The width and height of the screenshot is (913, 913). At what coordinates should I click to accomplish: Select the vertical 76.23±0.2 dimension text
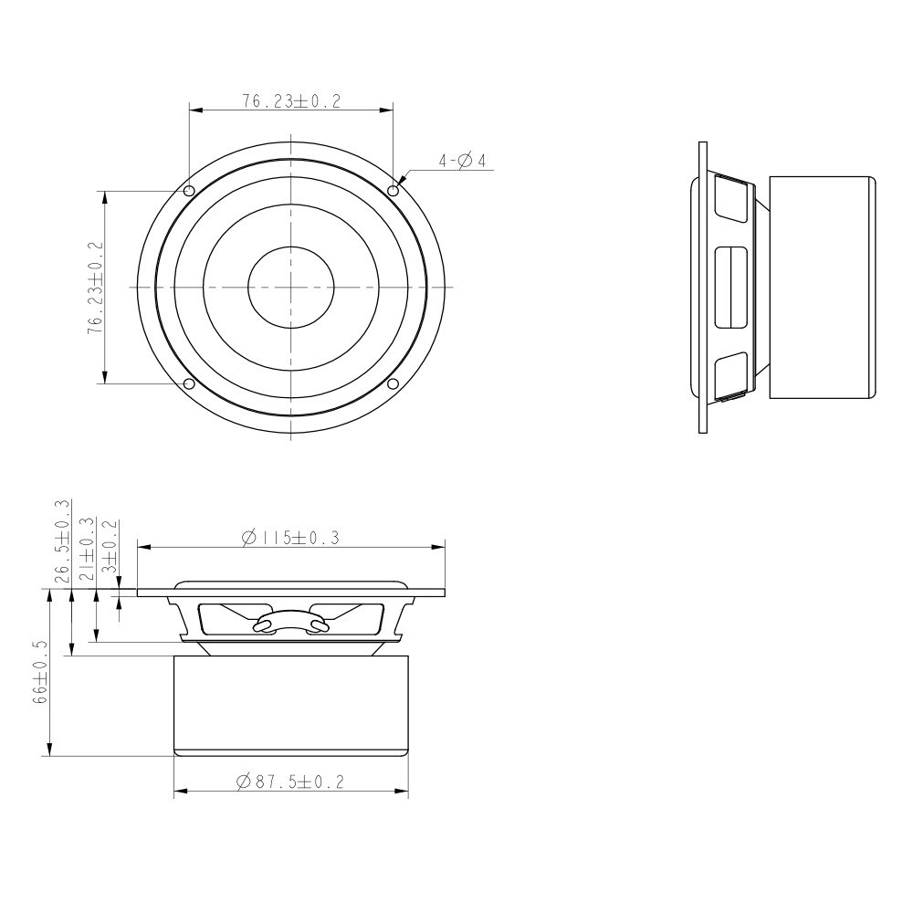point(96,288)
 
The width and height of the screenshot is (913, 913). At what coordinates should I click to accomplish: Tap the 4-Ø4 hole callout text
point(462,161)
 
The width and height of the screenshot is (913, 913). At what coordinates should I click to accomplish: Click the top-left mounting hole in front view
point(189,191)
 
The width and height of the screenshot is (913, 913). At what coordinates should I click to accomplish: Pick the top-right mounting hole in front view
point(393,191)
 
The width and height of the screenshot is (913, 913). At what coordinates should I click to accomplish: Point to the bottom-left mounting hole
point(189,383)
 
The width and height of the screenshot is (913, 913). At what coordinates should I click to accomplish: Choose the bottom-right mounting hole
point(393,383)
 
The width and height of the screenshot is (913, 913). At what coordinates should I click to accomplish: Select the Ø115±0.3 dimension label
point(290,538)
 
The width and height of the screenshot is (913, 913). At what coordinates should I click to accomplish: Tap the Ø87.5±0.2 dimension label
point(290,782)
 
